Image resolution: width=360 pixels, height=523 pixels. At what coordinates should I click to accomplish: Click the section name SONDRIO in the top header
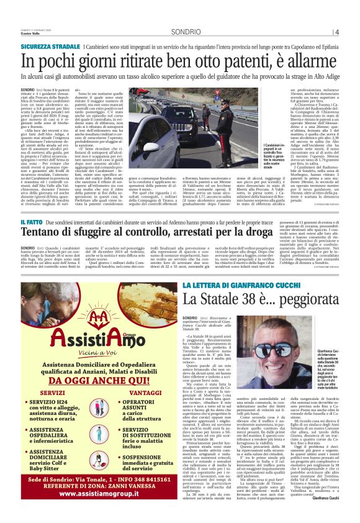pos(186,31)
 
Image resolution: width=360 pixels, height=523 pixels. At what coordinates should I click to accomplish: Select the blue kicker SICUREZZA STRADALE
pos(50,47)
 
